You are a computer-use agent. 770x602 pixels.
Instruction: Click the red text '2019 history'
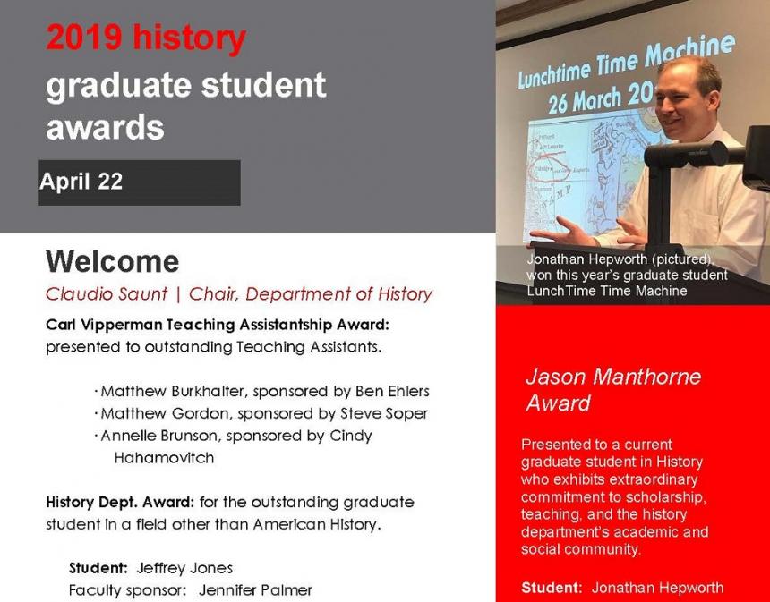(x=146, y=38)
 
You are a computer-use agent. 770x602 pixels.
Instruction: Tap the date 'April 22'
(x=81, y=182)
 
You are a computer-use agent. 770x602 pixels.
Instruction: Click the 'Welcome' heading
(x=113, y=261)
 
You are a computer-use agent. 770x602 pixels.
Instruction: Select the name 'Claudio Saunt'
(x=107, y=294)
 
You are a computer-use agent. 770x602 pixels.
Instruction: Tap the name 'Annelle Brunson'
(x=159, y=436)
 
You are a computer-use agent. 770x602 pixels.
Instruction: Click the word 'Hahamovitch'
(x=164, y=458)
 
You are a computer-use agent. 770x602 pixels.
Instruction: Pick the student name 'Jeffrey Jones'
(x=184, y=568)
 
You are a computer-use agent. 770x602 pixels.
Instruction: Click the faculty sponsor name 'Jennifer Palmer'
(x=255, y=589)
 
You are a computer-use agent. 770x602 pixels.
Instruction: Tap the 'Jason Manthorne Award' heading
(x=613, y=390)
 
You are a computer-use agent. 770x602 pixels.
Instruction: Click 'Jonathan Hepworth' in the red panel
(x=657, y=588)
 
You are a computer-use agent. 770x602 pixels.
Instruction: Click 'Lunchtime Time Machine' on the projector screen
(x=627, y=61)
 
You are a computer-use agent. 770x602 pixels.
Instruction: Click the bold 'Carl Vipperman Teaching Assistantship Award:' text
(x=217, y=325)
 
